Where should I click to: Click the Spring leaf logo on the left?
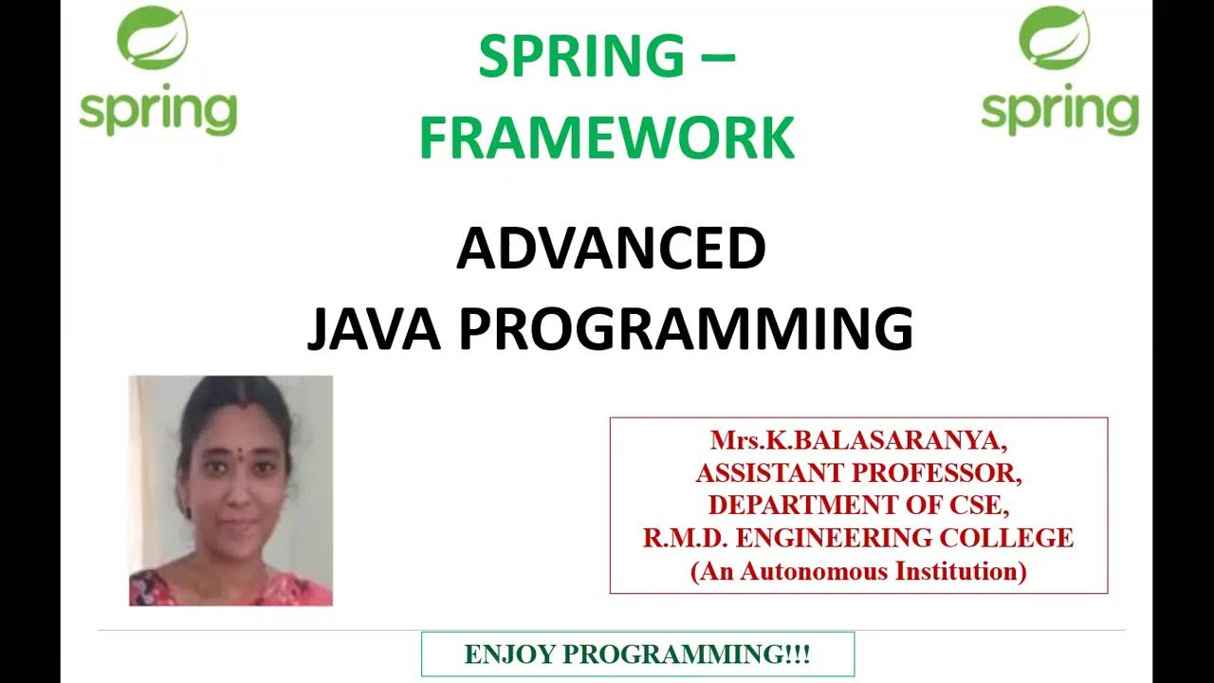(x=152, y=38)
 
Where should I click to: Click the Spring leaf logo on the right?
(x=1054, y=38)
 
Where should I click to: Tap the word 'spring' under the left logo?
(x=157, y=112)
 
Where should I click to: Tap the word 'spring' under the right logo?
(x=1059, y=112)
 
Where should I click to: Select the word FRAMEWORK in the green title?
(x=606, y=138)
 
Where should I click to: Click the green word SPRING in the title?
(x=580, y=57)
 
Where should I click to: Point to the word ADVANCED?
(x=611, y=249)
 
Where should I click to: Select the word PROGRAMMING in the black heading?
(x=686, y=329)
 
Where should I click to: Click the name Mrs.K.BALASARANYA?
(x=858, y=440)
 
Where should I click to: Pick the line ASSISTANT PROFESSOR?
(x=858, y=472)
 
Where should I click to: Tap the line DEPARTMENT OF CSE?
(x=858, y=505)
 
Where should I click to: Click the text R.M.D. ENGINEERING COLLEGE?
(x=858, y=538)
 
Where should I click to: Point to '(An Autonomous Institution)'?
(x=858, y=571)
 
